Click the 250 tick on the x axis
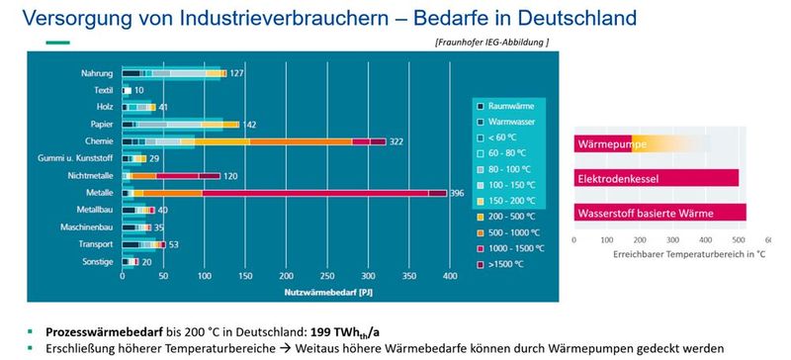[x=285, y=277]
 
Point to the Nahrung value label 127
[x=237, y=74]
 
